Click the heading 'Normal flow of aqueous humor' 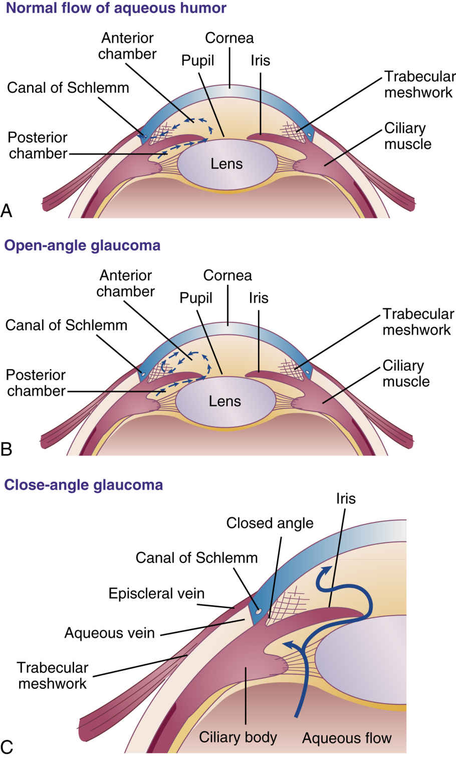116,9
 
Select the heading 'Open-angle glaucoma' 82,246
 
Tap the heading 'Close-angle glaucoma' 84,485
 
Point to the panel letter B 7,448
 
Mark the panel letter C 7,746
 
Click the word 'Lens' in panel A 226,164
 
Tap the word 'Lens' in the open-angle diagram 225,401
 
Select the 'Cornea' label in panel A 230,38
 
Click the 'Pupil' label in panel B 196,298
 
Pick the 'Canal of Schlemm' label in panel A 68,88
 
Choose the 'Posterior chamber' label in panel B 36,383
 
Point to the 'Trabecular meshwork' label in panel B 418,322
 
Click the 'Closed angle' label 270,523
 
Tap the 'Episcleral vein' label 156,594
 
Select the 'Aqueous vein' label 109,633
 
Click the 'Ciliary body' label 238,737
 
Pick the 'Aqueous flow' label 347,738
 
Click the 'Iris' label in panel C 346,499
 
